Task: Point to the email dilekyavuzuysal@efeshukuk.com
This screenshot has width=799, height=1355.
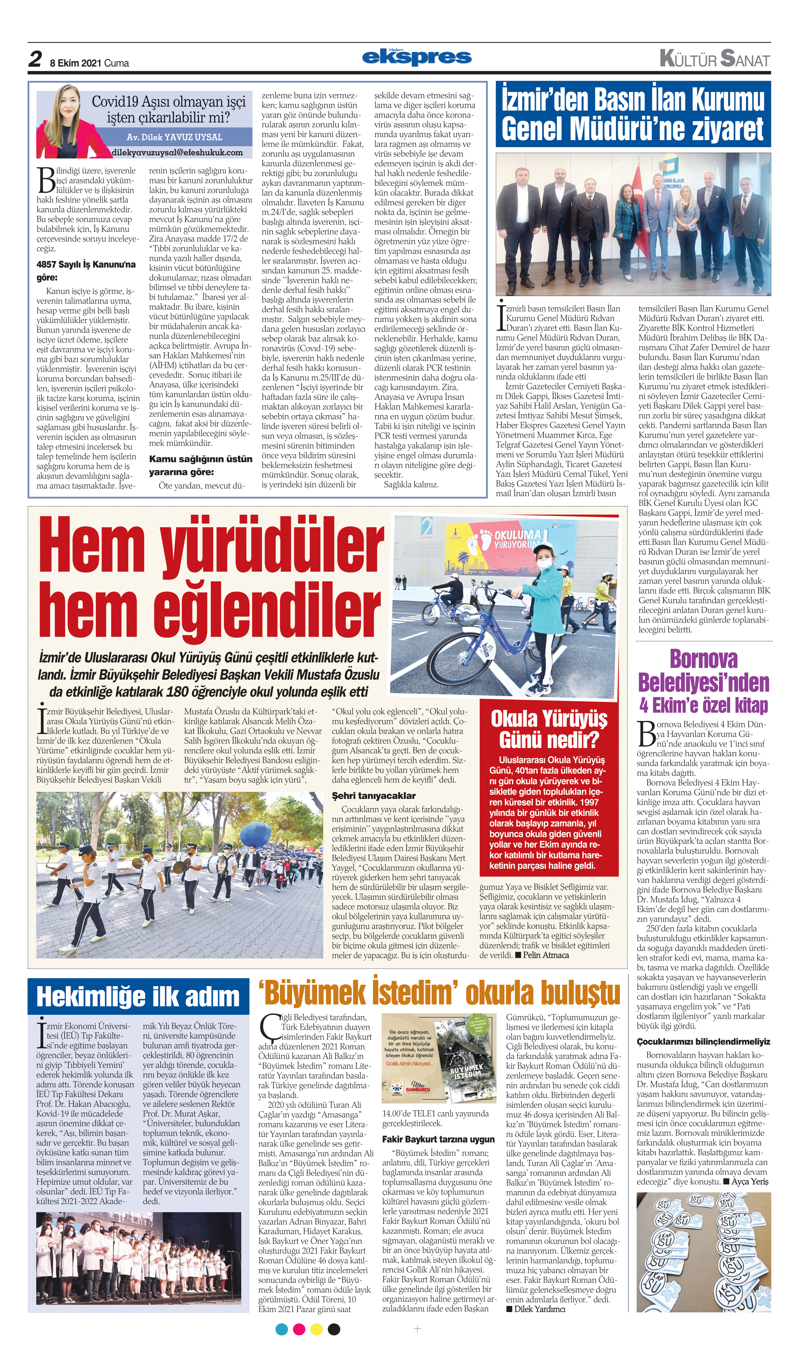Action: [x=177, y=152]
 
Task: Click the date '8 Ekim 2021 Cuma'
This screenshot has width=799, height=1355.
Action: [x=89, y=63]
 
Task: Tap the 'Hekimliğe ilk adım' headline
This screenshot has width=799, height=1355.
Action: [x=138, y=997]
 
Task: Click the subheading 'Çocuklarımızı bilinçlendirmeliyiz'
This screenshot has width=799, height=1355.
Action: [x=703, y=1042]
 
